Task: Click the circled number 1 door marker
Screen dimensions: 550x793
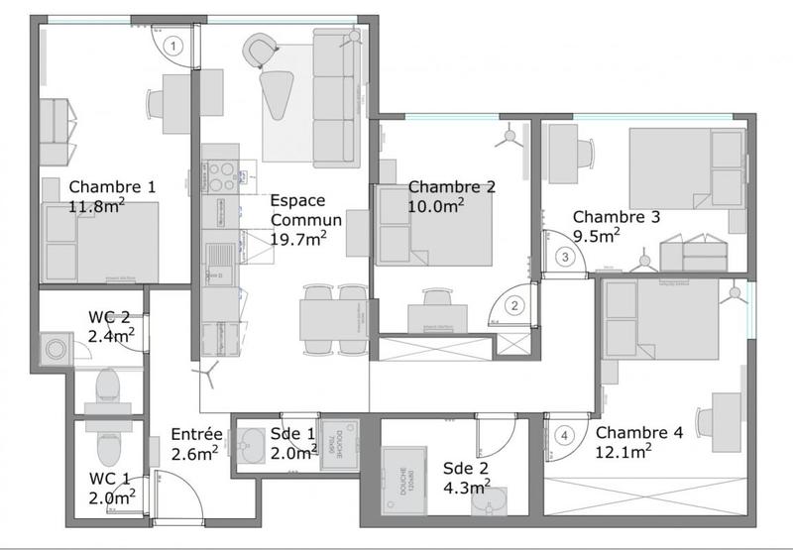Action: pos(174,45)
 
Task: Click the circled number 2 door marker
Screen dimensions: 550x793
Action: pos(513,306)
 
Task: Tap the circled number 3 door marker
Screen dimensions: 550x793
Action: pos(565,258)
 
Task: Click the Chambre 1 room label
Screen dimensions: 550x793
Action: pos(112,186)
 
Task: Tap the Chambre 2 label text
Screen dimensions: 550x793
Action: pos(451,186)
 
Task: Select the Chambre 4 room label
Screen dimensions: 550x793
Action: pos(639,433)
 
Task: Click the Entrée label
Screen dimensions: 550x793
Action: pos(195,434)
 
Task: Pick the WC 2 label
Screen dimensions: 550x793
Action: pos(109,317)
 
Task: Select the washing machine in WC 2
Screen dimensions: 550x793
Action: pos(56,349)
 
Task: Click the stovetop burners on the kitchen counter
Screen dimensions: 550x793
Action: pos(219,172)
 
